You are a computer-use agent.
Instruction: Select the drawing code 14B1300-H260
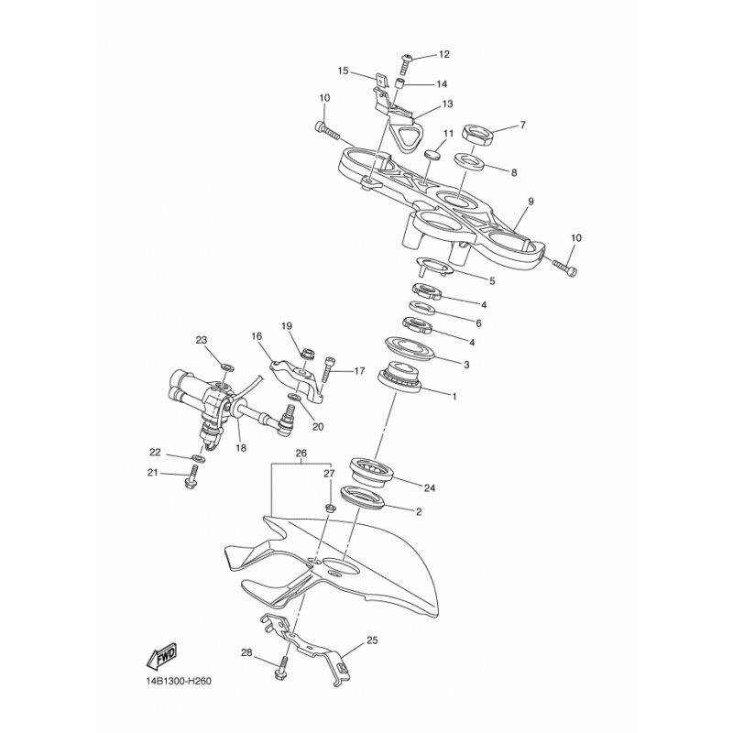(x=179, y=681)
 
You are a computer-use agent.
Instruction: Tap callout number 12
(x=444, y=54)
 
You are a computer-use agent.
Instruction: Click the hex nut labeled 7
(x=477, y=134)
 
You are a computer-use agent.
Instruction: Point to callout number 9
(x=531, y=202)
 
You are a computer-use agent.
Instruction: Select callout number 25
(x=373, y=640)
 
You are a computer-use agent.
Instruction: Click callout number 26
(x=301, y=453)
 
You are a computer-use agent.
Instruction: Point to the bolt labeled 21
(x=192, y=477)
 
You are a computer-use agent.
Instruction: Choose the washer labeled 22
(x=198, y=457)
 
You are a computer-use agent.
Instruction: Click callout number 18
(x=241, y=448)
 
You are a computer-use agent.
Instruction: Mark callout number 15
(x=343, y=71)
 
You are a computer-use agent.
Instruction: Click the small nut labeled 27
(x=330, y=507)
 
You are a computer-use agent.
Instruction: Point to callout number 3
(x=466, y=364)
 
